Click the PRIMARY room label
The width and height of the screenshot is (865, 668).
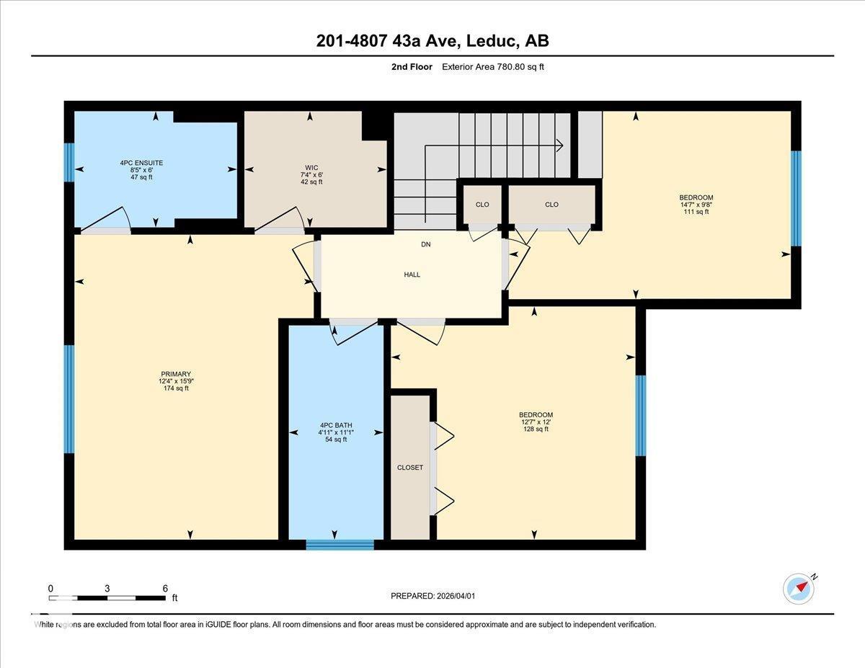coord(176,374)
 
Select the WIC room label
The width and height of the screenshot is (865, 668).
coord(311,167)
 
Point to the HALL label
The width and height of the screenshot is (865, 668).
coord(412,275)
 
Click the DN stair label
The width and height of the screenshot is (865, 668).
coord(426,244)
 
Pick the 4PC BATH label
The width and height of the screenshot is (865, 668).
coord(336,425)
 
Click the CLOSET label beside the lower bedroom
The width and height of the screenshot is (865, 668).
coord(410,468)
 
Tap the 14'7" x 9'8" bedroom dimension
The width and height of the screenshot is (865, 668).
coord(696,205)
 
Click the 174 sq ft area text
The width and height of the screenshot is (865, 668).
coord(176,388)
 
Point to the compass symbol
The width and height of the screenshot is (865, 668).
coord(799,588)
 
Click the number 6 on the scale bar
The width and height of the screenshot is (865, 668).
coord(165,588)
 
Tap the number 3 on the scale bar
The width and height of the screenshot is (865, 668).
coord(107,588)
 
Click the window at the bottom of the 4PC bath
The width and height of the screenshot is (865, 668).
coord(340,545)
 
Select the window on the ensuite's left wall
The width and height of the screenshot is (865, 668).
coord(69,163)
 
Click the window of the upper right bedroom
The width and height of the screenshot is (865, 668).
coord(796,198)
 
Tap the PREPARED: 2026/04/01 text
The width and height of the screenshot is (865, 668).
coord(432,596)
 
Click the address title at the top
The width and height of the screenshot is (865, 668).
coord(432,41)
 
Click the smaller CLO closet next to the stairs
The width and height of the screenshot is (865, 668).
coord(482,205)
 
